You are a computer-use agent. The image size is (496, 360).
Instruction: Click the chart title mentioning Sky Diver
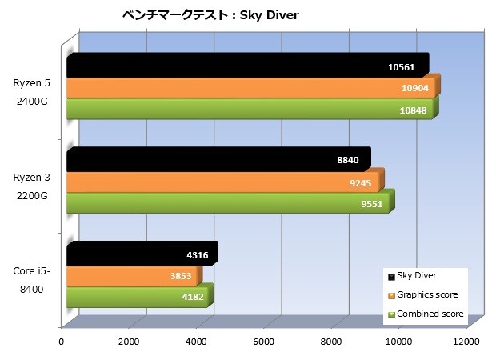pos(210,15)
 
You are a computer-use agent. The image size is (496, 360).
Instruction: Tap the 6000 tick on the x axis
pos(263,341)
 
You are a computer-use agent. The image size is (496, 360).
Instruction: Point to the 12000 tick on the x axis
pos(466,341)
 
